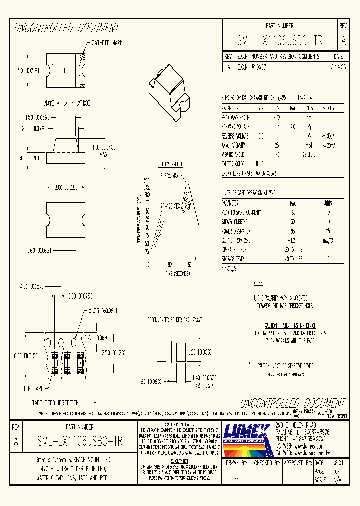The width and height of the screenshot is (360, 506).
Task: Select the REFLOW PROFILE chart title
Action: pyautogui.click(x=171, y=164)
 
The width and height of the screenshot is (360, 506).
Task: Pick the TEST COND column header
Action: pyautogui.click(x=327, y=108)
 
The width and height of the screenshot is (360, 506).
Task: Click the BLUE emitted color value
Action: pyautogui.click(x=260, y=164)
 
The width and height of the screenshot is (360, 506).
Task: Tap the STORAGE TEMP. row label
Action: pyautogui.click(x=234, y=259)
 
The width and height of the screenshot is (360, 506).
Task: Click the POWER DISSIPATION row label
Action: pyautogui.click(x=237, y=231)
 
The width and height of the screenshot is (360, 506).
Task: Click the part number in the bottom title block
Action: pyautogui.click(x=79, y=441)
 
